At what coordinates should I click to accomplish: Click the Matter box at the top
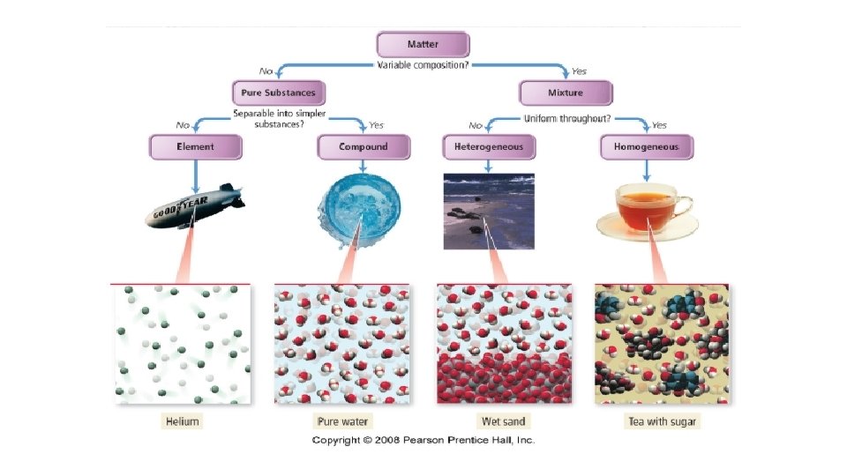(x=423, y=45)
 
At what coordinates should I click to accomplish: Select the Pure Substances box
(x=278, y=93)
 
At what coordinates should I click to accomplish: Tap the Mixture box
(x=565, y=93)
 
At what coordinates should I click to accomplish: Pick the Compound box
(x=363, y=146)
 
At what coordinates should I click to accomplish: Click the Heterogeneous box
(x=488, y=146)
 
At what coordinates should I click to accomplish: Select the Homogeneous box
(x=647, y=147)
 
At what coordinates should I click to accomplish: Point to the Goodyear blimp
(x=195, y=207)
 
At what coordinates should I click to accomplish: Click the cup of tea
(x=646, y=212)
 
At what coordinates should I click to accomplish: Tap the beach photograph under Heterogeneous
(x=488, y=212)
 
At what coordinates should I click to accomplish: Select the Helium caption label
(x=183, y=421)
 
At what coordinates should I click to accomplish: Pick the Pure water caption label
(x=343, y=421)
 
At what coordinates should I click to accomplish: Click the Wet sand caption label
(x=504, y=421)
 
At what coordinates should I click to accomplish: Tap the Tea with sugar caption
(x=661, y=421)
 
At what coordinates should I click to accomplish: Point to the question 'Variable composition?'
(x=423, y=65)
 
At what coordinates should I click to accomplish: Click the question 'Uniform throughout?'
(x=567, y=118)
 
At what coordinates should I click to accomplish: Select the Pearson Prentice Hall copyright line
(x=423, y=440)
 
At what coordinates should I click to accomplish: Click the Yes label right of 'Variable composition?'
(x=579, y=71)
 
